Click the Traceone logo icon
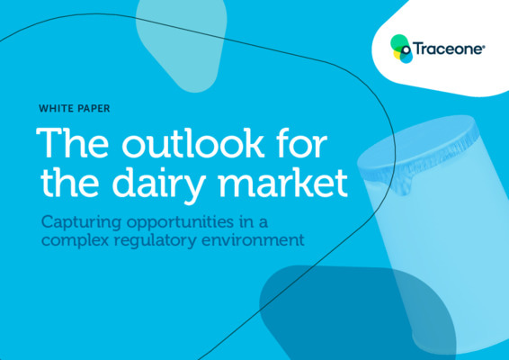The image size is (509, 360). [x=402, y=47]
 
